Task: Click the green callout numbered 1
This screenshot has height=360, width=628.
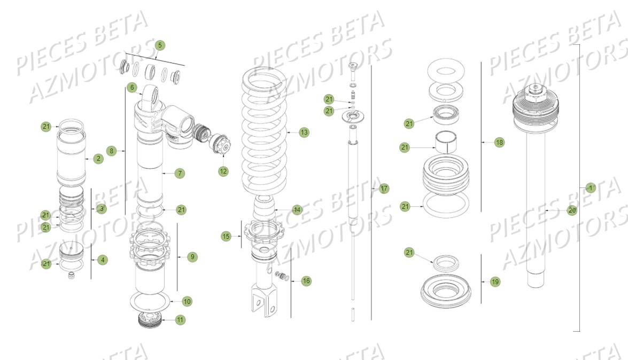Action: [x=590, y=188]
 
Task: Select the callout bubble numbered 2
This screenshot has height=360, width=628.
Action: [x=98, y=159]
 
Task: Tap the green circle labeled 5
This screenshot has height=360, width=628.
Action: [x=159, y=45]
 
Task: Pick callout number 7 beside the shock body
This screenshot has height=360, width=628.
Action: [x=180, y=173]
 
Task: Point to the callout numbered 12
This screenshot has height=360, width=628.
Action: [x=223, y=171]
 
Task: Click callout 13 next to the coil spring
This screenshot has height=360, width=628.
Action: [x=304, y=132]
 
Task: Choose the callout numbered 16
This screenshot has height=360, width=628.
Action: [x=306, y=281]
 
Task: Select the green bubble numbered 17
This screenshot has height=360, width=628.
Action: [x=384, y=189]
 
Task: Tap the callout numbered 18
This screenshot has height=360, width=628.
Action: [x=499, y=143]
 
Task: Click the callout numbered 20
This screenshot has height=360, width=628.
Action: [x=572, y=210]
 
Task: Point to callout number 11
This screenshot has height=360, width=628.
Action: [x=180, y=320]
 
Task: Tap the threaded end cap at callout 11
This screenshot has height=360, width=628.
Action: [x=150, y=320]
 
